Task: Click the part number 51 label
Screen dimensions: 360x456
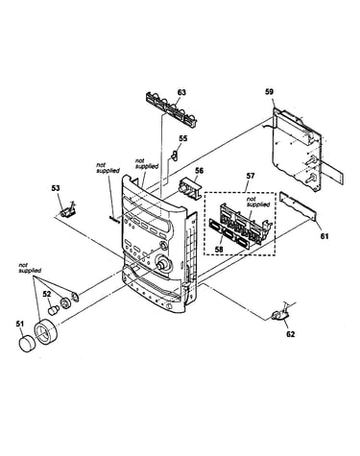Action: click(20, 324)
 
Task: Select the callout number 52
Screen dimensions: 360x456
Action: click(47, 294)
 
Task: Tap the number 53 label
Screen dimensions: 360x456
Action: click(56, 188)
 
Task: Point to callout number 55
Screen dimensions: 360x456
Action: click(183, 138)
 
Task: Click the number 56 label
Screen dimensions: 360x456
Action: click(199, 171)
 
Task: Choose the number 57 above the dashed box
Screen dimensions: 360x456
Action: click(251, 176)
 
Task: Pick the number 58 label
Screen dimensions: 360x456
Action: click(219, 250)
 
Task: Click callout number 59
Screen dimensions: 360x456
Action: click(270, 92)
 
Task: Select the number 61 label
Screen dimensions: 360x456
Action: click(324, 236)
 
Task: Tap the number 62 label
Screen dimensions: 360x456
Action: click(290, 334)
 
